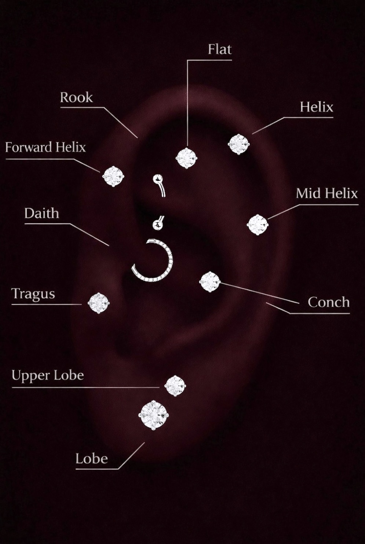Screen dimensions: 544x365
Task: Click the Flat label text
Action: point(220,49)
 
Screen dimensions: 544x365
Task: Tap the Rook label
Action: point(76,97)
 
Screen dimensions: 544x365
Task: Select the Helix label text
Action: point(316,107)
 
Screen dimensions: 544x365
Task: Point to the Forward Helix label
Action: point(45,147)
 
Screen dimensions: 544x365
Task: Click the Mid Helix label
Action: point(326,193)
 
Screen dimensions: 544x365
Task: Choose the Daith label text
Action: point(41,213)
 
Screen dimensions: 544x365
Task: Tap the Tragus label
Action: point(33,294)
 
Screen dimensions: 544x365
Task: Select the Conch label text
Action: point(328,302)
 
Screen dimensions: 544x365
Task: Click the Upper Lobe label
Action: point(48,375)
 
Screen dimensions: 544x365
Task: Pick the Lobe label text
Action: point(91,459)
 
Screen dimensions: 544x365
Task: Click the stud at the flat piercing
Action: point(186,158)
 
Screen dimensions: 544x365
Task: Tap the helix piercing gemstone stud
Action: point(238,144)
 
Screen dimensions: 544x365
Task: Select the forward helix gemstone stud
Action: point(113,176)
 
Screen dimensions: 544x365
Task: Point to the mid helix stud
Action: point(258,225)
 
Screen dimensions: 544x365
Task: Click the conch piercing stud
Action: point(210,282)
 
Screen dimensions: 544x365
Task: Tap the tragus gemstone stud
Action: point(99,303)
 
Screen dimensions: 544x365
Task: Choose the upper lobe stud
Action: point(175,386)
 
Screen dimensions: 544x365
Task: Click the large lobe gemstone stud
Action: point(154,415)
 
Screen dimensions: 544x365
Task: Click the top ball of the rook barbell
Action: point(158,179)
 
